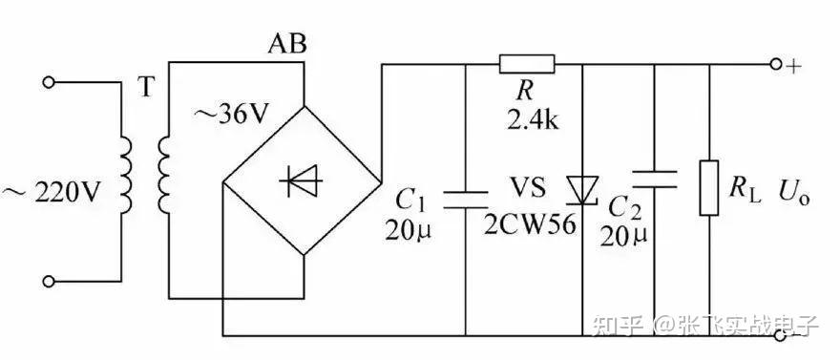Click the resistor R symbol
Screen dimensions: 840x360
[527, 64]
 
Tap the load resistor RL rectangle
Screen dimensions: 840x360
[709, 187]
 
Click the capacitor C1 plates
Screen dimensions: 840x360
[466, 200]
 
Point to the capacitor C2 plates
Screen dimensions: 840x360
[655, 179]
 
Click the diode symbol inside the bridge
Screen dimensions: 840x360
[301, 181]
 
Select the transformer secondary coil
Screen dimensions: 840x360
[164, 174]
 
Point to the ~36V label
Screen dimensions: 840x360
[229, 116]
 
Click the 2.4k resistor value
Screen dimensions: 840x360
[533, 121]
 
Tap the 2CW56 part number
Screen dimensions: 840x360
[530, 225]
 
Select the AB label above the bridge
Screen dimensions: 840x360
[288, 45]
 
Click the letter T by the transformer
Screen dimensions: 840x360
[147, 89]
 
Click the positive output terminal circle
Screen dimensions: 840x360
[777, 64]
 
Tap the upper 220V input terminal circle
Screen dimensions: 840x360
[49, 82]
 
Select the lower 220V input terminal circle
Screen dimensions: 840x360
[49, 281]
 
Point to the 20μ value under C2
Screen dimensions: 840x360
[623, 236]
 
